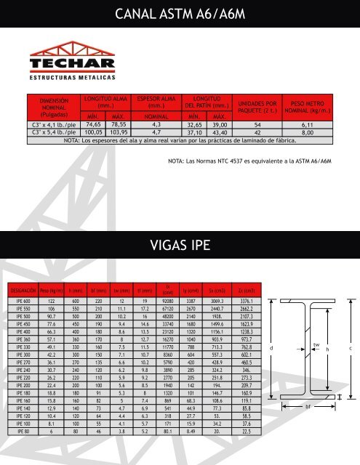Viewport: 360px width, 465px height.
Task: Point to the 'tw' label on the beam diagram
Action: click(316, 325)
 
